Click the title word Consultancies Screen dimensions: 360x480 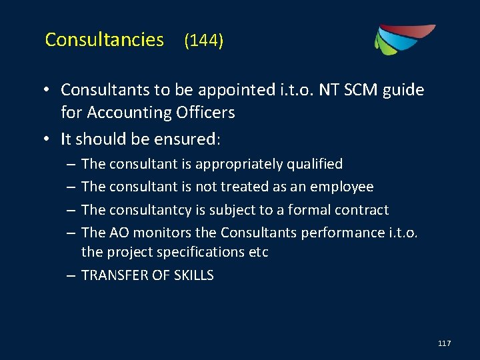pos(104,40)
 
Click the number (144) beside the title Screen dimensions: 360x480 pos(204,41)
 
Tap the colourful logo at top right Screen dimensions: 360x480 pos(403,39)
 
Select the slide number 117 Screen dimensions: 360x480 pos(445,343)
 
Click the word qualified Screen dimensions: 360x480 pos(315,164)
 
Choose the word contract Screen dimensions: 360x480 pos(363,210)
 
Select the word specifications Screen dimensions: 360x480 pos(207,253)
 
